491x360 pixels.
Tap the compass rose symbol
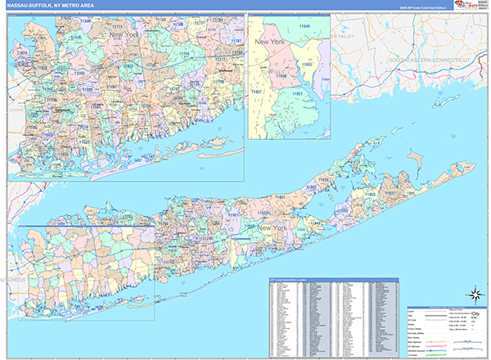click(x=474, y=295)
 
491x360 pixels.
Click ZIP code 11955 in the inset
click(x=307, y=63)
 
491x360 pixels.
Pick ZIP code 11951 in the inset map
click(x=299, y=95)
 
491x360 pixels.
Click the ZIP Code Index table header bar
click(x=336, y=280)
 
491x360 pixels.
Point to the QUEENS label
click(x=15, y=107)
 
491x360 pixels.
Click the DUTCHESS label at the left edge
click(x=15, y=280)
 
